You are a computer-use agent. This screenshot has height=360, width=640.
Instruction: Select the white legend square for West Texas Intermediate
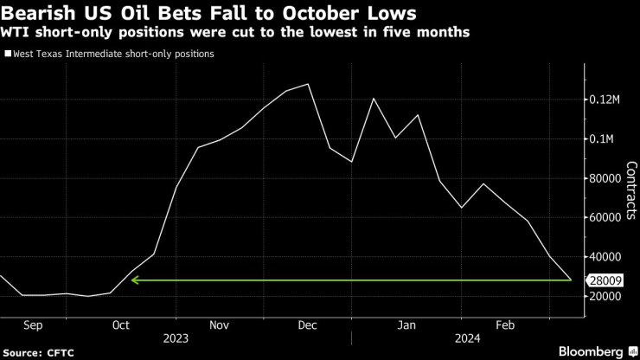click(9, 54)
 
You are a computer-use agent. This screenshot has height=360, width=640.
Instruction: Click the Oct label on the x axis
click(120, 325)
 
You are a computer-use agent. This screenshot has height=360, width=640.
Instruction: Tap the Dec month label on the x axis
click(307, 325)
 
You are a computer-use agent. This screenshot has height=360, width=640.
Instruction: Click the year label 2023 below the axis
click(176, 338)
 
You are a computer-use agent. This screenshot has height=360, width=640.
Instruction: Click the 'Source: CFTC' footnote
click(39, 352)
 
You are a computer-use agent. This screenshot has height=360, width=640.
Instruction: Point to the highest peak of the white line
click(309, 84)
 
